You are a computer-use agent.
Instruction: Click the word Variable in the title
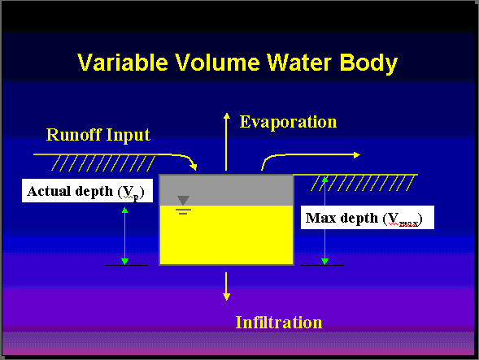click(123, 63)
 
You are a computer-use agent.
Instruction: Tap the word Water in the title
click(299, 63)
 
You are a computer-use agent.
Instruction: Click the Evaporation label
click(288, 123)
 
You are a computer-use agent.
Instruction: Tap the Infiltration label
click(279, 322)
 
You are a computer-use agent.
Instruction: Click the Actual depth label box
click(87, 190)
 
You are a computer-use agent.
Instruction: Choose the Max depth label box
click(368, 218)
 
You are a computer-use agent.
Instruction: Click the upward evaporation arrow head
click(226, 116)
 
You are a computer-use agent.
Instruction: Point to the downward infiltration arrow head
click(226, 297)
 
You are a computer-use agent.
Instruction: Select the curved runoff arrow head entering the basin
click(194, 167)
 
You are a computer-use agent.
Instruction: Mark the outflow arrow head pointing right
click(357, 155)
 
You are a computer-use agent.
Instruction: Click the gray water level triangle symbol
click(183, 200)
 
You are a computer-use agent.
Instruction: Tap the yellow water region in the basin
click(226, 235)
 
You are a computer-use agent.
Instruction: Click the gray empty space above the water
click(226, 190)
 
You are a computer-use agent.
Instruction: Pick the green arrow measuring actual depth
click(124, 236)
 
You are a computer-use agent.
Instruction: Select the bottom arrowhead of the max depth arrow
click(324, 262)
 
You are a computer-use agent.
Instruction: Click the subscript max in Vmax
click(408, 223)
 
